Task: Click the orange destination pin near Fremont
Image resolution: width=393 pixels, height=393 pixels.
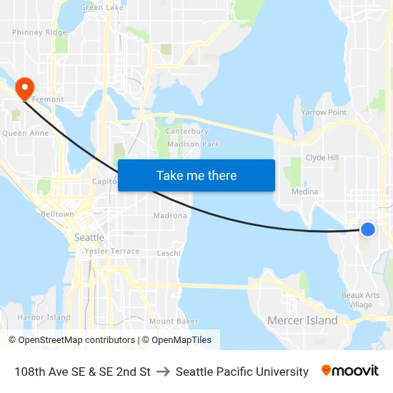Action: point(25,88)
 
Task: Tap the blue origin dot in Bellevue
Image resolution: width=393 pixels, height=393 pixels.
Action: point(367,229)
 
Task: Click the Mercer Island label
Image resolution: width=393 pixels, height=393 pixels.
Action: point(302,320)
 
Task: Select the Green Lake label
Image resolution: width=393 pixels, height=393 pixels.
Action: point(101,7)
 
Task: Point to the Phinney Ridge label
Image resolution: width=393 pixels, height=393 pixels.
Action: point(39,32)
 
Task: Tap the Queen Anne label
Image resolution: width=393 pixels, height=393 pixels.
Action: point(25,133)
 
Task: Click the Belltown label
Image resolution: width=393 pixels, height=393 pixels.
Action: point(57,214)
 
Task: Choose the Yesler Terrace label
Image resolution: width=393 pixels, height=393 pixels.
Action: point(111,252)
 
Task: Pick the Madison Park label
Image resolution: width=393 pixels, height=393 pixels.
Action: point(193,144)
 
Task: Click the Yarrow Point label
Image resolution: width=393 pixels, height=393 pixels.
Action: point(323,113)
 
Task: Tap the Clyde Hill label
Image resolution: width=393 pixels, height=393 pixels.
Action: point(322,158)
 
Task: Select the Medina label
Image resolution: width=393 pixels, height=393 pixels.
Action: point(304,191)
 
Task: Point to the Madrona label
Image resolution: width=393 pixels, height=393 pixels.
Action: point(170,216)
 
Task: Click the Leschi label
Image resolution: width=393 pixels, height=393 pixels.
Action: point(169,253)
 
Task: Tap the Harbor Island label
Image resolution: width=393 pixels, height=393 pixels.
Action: point(44,317)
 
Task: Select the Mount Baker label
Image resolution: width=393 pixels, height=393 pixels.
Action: point(174,322)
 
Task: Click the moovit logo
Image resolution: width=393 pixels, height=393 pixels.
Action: point(349,371)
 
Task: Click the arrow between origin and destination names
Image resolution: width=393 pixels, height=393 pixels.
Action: point(163,372)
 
